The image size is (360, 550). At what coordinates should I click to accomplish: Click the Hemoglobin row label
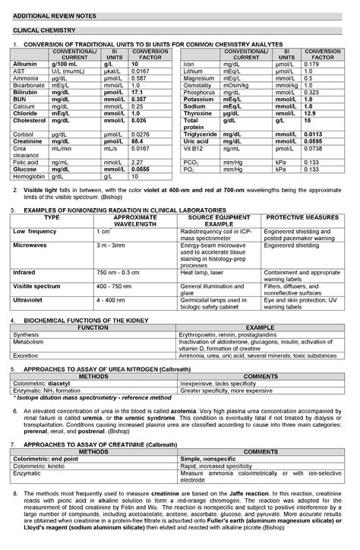[30, 175]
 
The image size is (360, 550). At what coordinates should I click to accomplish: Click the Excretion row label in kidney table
[27, 354]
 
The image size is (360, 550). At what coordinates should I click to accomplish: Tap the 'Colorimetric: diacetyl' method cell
[42, 384]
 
